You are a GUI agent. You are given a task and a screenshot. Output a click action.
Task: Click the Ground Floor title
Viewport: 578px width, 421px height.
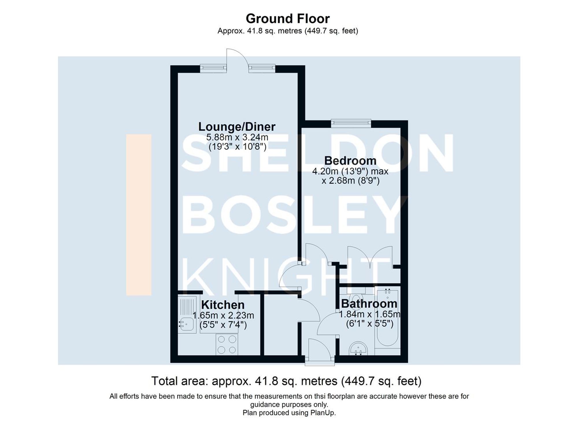click(288, 19)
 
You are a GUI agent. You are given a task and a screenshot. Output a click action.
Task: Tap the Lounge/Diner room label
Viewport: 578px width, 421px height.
click(237, 127)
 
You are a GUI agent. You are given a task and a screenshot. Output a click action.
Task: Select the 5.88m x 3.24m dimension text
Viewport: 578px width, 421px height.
click(237, 137)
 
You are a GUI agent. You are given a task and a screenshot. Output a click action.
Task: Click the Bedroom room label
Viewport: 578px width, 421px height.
click(350, 161)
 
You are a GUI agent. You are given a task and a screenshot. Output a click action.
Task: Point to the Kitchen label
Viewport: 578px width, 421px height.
click(223, 305)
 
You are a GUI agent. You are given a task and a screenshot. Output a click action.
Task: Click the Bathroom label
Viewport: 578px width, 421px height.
click(369, 304)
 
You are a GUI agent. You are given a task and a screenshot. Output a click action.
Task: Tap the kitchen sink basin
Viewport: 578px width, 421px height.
click(187, 323)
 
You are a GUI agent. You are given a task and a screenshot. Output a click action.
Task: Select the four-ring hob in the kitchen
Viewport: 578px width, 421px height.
click(227, 344)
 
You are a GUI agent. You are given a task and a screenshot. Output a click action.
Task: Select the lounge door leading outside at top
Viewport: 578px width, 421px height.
click(237, 59)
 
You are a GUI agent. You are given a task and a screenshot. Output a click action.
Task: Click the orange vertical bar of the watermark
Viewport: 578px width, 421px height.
click(139, 214)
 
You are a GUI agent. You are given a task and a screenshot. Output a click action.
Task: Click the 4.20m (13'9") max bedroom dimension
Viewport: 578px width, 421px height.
click(350, 171)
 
